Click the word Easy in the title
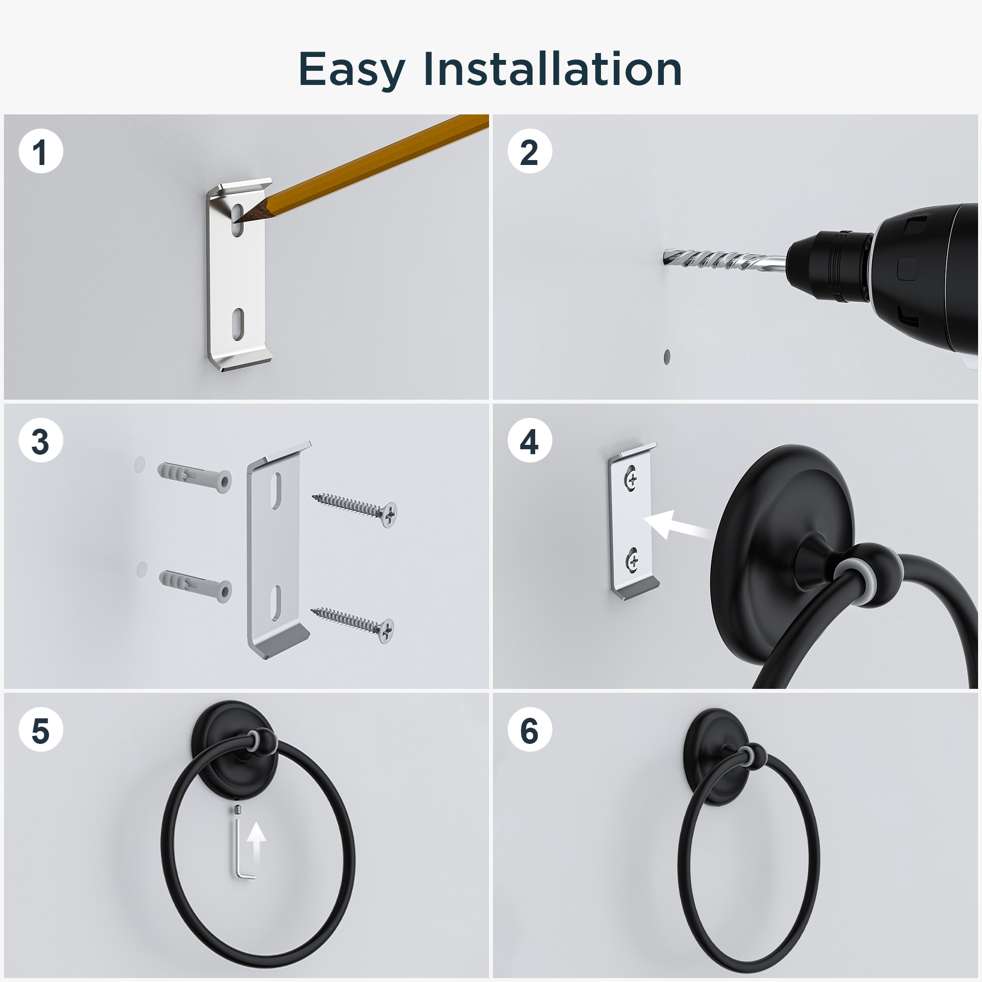(352, 70)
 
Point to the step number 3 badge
(41, 441)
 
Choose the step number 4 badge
(530, 441)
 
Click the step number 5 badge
(41, 731)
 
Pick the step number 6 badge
(530, 731)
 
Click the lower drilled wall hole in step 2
(667, 356)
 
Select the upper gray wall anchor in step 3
(194, 477)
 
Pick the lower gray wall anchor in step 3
(196, 586)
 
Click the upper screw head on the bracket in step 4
(632, 478)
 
